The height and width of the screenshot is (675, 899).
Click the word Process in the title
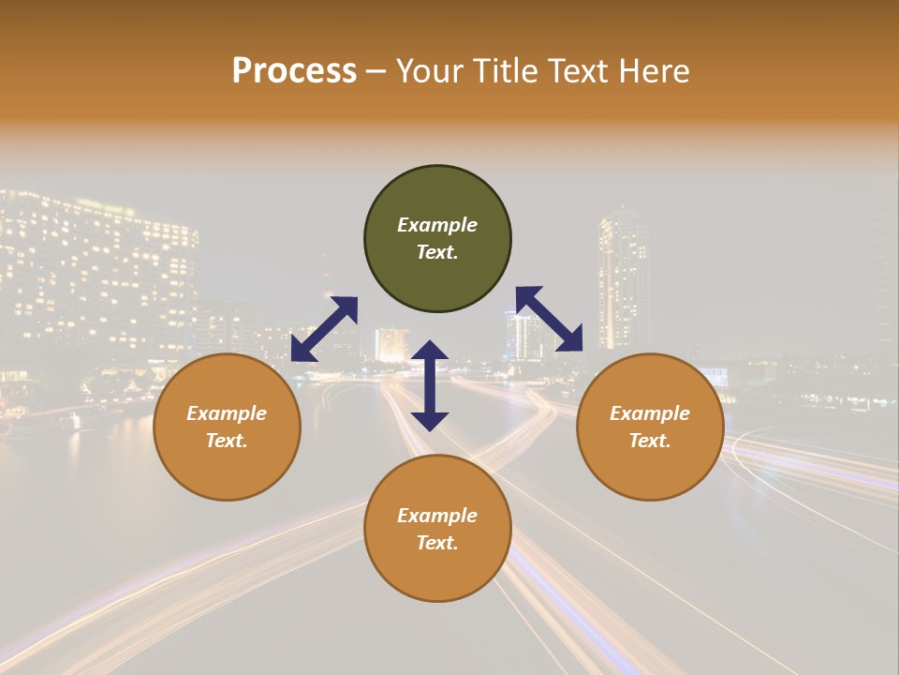(x=294, y=71)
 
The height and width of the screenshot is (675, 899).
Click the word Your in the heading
(x=427, y=71)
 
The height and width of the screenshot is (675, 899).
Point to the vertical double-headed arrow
(x=430, y=385)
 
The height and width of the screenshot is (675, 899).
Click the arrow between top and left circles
(x=324, y=329)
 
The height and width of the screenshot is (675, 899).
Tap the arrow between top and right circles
(x=550, y=319)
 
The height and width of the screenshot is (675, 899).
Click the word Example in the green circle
(x=437, y=225)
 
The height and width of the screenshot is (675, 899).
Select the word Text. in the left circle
(x=227, y=441)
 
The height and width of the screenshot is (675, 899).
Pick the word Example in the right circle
(x=650, y=413)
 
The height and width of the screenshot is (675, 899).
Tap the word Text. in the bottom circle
(x=437, y=543)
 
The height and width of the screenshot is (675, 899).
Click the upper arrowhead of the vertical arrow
(x=430, y=351)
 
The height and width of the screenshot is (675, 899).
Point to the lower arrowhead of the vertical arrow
(x=430, y=420)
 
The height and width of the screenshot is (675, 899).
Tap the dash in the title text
(x=376, y=72)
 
